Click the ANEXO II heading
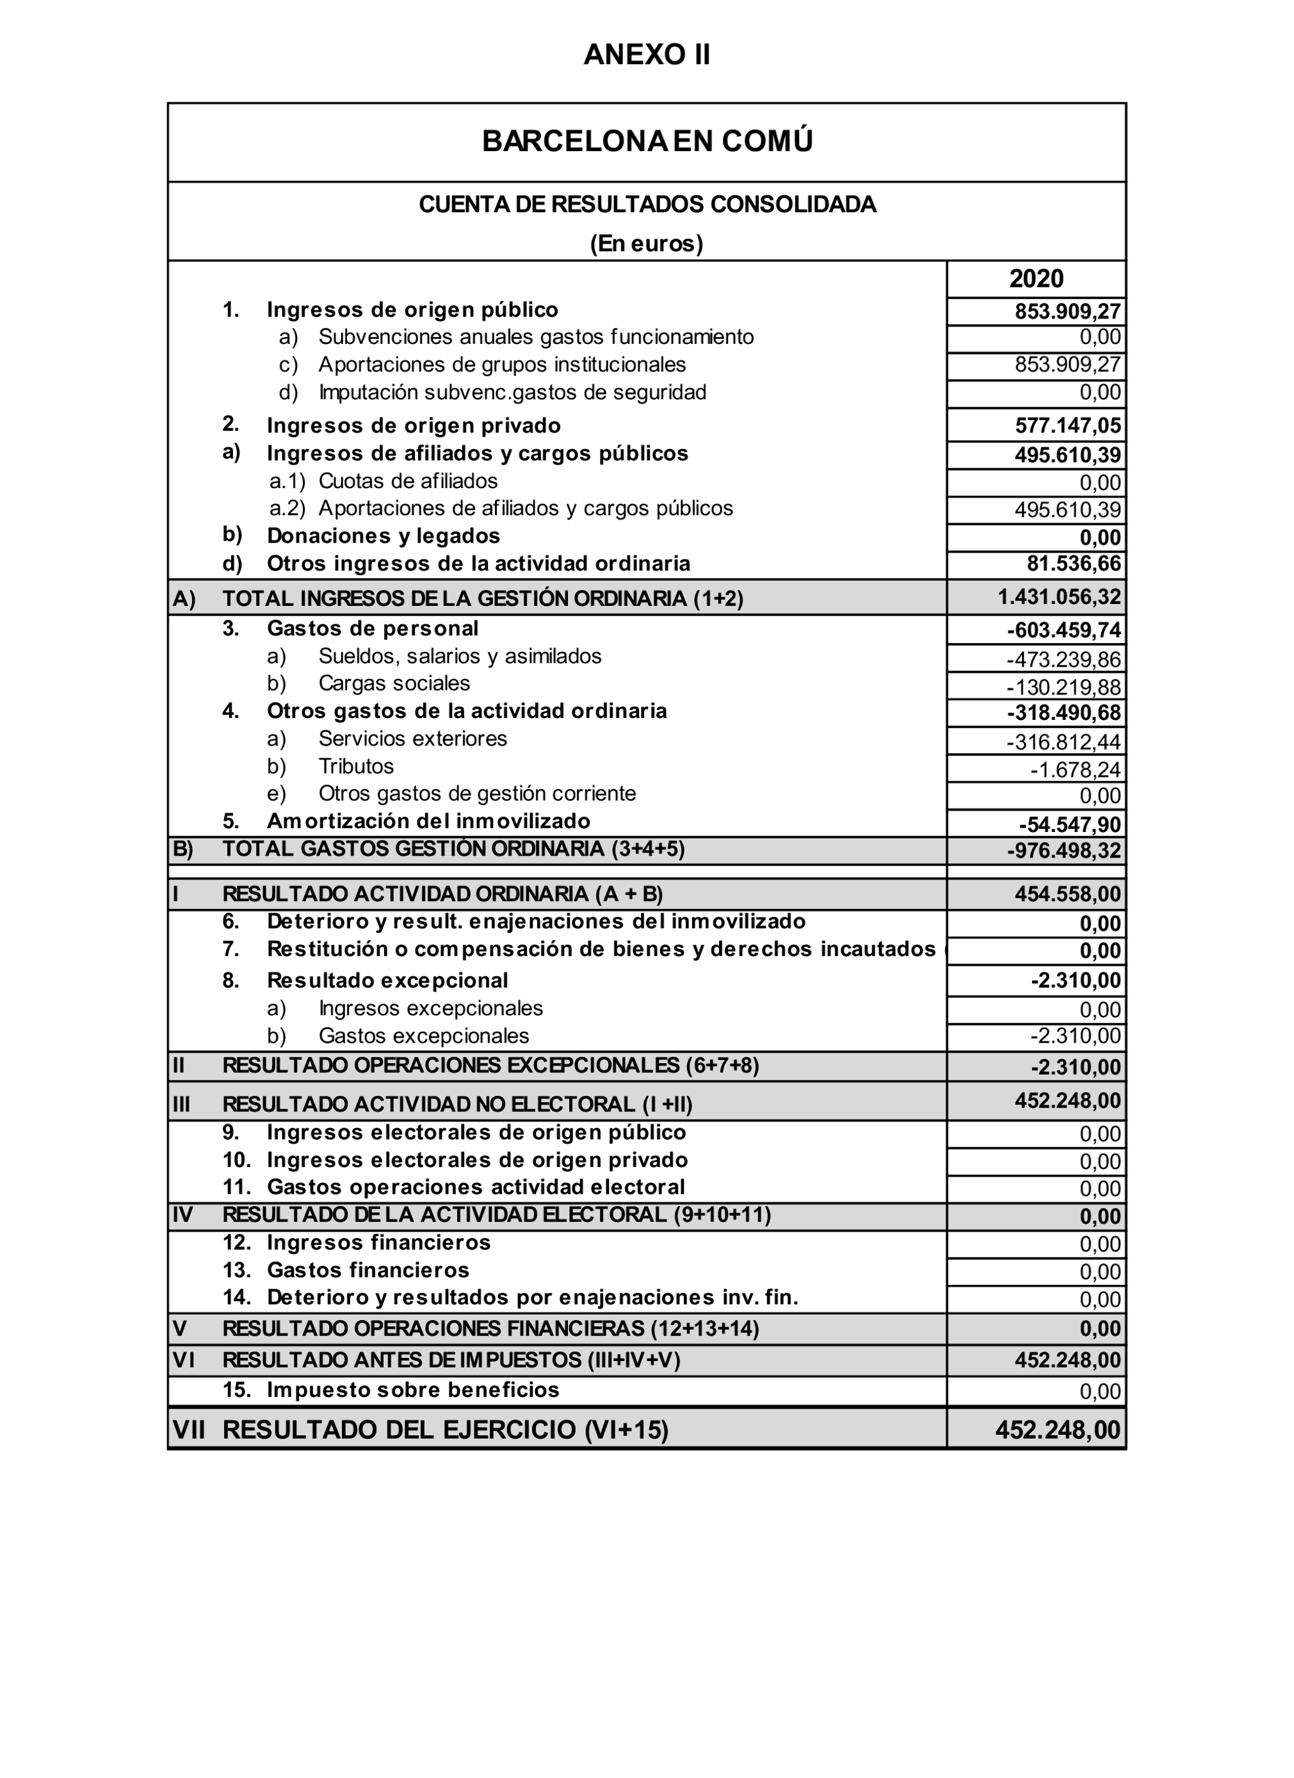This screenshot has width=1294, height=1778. [x=647, y=55]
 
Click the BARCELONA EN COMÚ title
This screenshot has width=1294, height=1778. [x=647, y=141]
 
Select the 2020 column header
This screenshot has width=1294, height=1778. [x=1035, y=279]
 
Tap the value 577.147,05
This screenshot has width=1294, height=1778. [x=1067, y=426]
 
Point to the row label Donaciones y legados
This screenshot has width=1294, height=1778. [x=384, y=536]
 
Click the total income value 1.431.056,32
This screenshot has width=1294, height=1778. [x=1059, y=598]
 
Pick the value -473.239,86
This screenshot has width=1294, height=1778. [x=1064, y=659]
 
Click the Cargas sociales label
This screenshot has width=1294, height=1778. [x=394, y=683]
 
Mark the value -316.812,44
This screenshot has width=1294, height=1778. [x=1064, y=742]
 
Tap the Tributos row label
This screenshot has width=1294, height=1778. [x=356, y=766]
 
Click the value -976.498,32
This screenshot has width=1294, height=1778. [x=1064, y=851]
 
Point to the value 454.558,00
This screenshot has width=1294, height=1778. [x=1067, y=895]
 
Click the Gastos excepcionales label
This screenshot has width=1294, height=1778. [x=423, y=1036]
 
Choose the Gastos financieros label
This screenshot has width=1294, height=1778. [x=368, y=1270]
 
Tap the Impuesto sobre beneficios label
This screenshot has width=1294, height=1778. [x=413, y=1390]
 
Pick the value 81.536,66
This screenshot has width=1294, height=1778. [x=1074, y=564]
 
